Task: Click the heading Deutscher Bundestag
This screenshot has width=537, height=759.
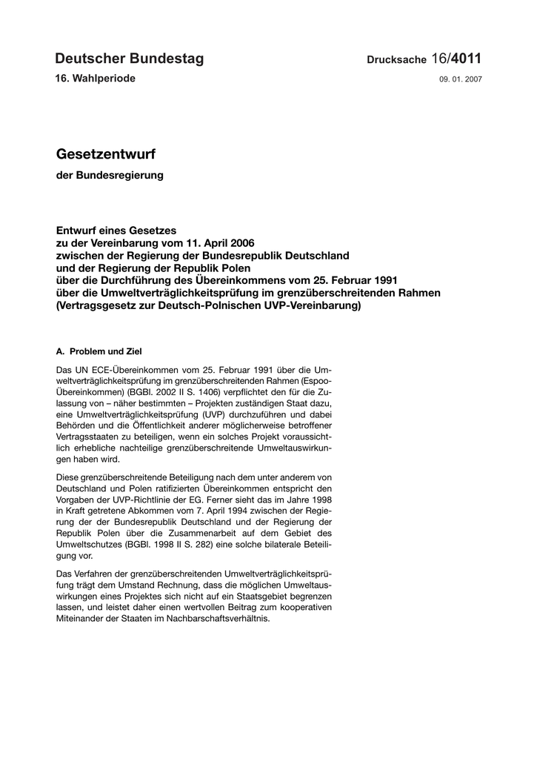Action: tap(129, 59)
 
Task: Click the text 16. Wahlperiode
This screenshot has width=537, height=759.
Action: tap(96, 79)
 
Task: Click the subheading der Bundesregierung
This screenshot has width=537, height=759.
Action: tap(110, 176)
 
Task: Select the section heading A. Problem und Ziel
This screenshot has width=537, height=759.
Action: tap(99, 351)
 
